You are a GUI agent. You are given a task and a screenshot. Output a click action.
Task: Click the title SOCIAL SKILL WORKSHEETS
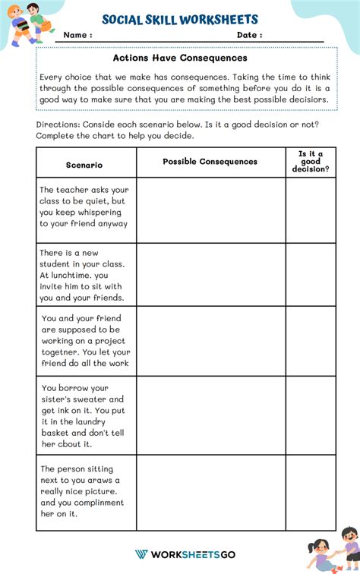tap(180, 20)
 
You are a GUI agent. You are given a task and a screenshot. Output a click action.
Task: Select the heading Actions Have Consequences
tap(180, 58)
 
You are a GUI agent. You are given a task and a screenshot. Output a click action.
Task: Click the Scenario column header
tap(84, 164)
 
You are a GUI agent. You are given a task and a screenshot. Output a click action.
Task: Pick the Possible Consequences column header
tap(210, 162)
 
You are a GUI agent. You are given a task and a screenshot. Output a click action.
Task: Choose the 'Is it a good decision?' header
tap(311, 162)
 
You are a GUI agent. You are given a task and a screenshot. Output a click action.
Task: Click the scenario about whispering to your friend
tap(84, 207)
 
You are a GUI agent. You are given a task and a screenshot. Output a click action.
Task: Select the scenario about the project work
tap(85, 340)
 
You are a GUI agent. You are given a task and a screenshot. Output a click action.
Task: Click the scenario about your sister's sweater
tap(84, 415)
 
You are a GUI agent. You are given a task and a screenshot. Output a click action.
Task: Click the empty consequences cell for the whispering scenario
tap(210, 210)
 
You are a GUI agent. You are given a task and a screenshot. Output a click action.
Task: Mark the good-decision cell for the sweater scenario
tap(311, 415)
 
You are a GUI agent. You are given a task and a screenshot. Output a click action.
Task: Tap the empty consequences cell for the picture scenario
tap(210, 492)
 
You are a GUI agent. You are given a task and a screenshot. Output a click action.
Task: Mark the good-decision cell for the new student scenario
tap(311, 275)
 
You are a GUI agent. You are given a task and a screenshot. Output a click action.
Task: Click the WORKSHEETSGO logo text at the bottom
tap(186, 554)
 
